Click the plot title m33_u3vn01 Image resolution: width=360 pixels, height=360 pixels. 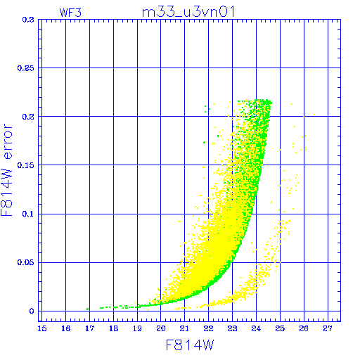[188, 12]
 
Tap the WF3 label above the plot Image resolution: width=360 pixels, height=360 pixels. [70, 13]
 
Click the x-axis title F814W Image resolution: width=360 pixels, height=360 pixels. [190, 345]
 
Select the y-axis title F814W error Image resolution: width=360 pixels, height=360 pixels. [6, 170]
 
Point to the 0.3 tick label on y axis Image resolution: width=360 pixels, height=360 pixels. [28, 20]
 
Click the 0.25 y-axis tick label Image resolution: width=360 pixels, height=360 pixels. [26, 68]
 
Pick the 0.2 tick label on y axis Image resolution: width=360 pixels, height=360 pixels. [28, 117]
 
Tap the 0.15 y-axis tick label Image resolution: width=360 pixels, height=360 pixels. [26, 165]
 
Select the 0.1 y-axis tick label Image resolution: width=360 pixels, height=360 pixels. [28, 214]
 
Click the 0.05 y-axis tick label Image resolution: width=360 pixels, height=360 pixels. [26, 262]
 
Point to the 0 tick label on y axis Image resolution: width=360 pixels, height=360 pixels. [32, 311]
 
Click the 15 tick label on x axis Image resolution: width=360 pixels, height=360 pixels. [42, 328]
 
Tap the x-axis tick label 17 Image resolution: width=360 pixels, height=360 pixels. [89, 328]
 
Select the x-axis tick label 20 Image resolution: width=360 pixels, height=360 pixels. [161, 328]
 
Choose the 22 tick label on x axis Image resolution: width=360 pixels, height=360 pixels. [208, 328]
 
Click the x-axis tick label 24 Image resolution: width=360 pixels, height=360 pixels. [256, 328]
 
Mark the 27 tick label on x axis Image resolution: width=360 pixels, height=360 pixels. [328, 328]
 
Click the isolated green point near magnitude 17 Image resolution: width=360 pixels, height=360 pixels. [88, 309]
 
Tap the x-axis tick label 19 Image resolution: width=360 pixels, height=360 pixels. [137, 328]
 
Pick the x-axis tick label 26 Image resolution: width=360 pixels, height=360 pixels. [304, 328]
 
